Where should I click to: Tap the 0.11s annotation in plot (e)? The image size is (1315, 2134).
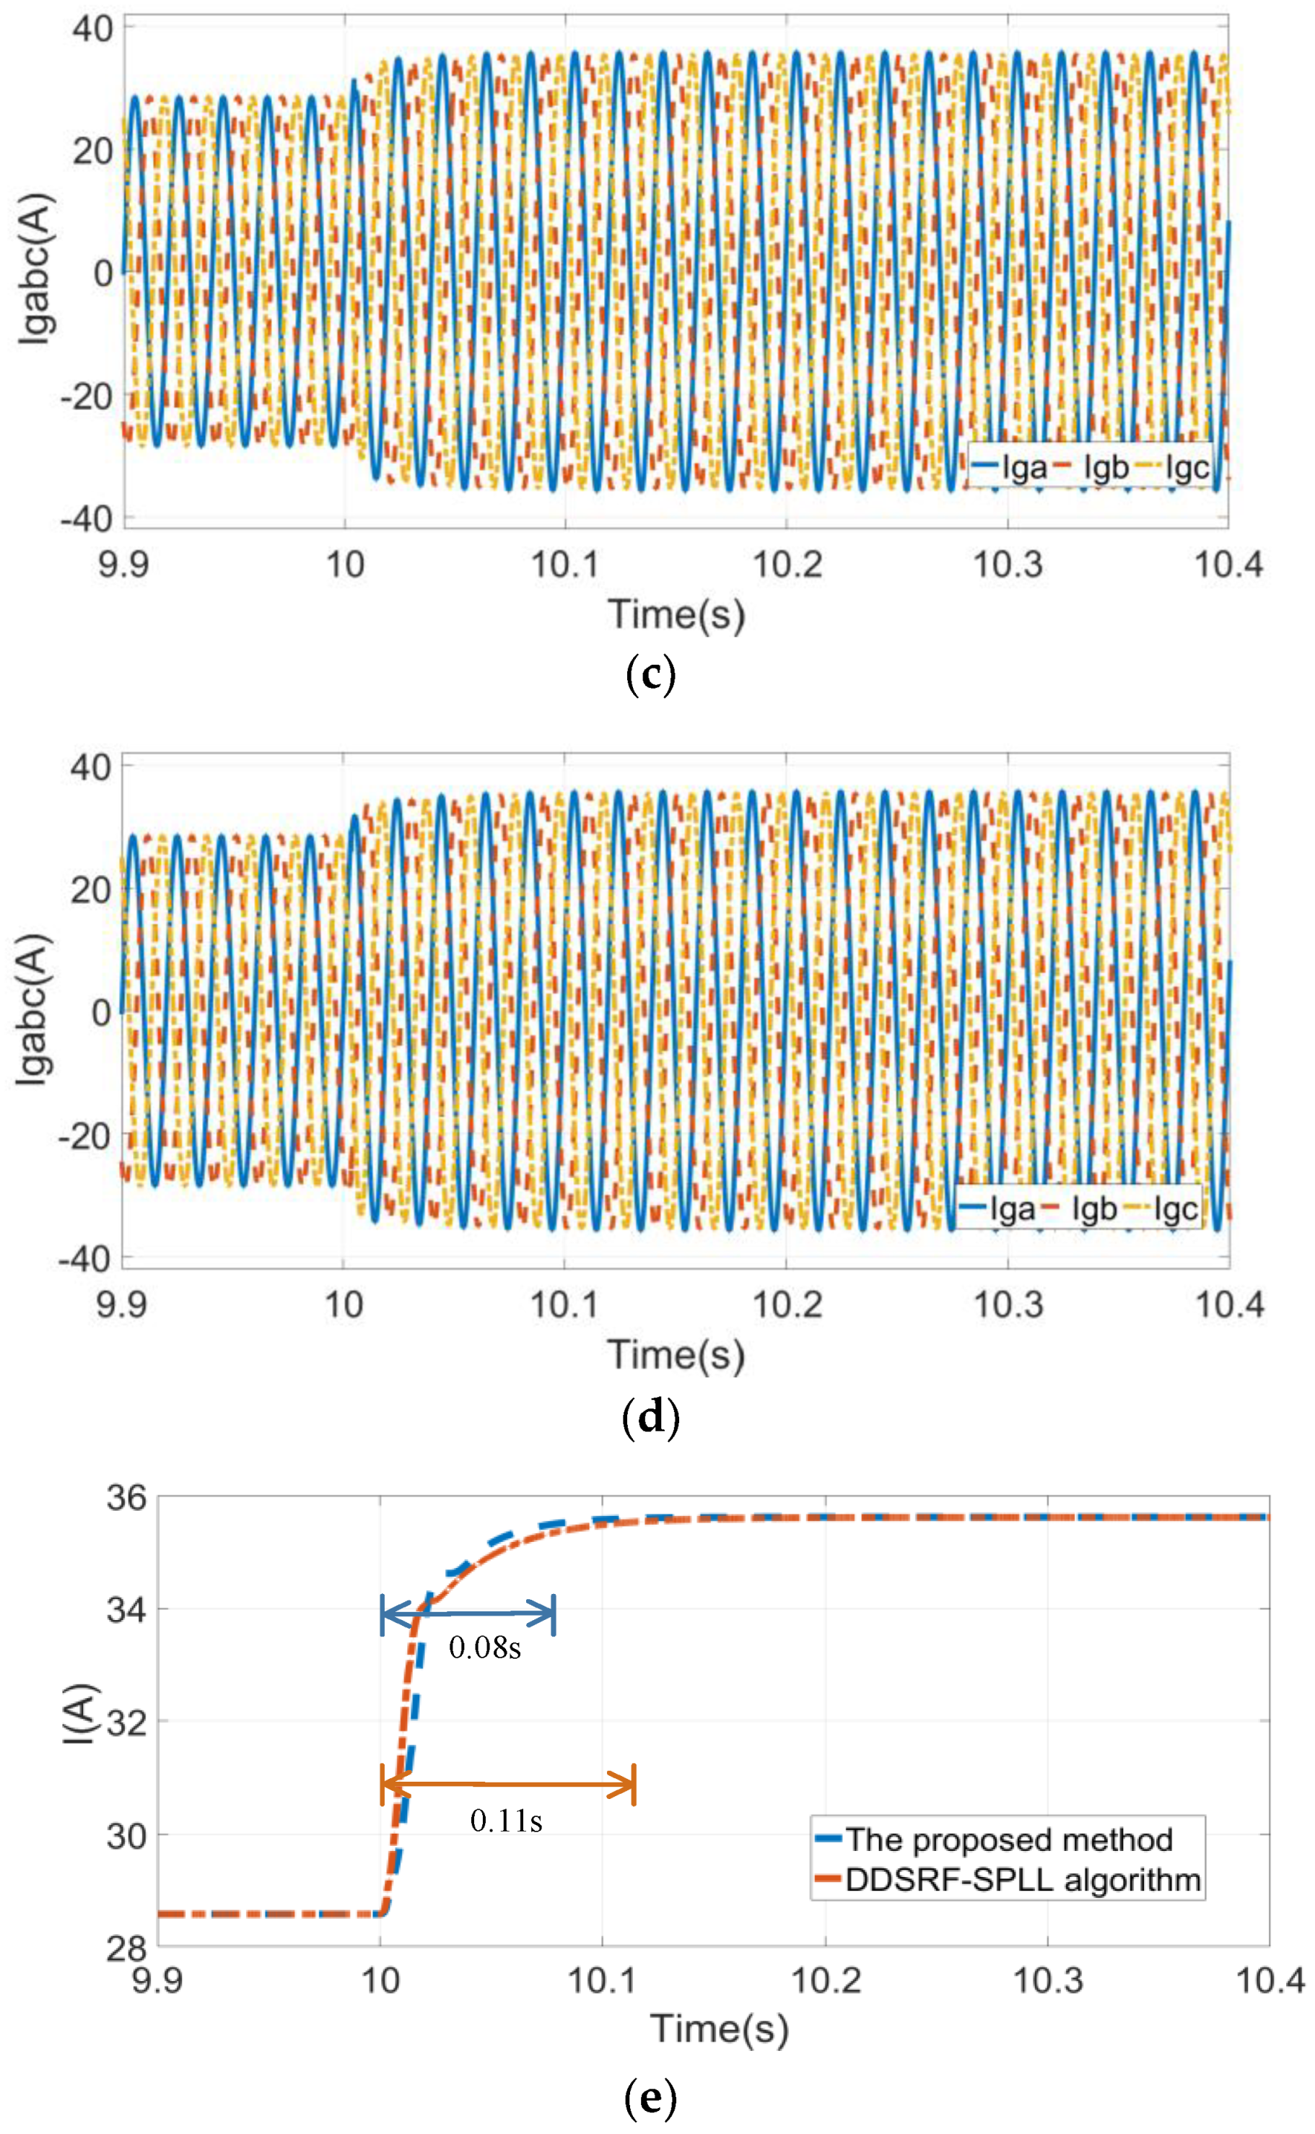[506, 1820]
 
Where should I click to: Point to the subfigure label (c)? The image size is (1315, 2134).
[650, 675]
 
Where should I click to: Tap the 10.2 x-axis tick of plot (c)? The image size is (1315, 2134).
[786, 565]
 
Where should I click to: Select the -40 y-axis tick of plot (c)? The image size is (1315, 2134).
[86, 519]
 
